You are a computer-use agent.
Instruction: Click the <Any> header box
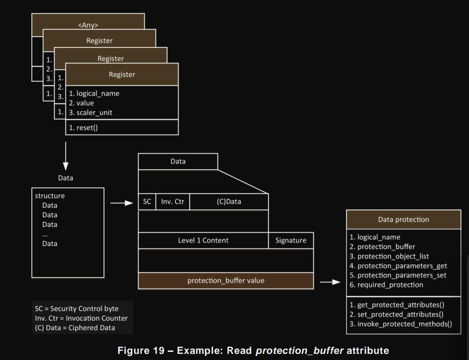[88, 25]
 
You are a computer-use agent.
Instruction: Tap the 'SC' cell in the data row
[147, 202]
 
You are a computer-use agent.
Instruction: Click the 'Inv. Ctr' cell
[173, 202]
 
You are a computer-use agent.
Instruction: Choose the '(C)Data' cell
[229, 202]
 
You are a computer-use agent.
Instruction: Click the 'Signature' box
[291, 240]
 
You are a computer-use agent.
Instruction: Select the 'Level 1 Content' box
[203, 240]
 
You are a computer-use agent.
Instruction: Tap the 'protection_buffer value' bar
[226, 281]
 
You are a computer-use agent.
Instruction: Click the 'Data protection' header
[403, 219]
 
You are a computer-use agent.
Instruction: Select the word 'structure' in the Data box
[50, 196]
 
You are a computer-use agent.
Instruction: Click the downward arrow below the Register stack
[66, 157]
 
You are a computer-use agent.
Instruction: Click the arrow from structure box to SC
[121, 203]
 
